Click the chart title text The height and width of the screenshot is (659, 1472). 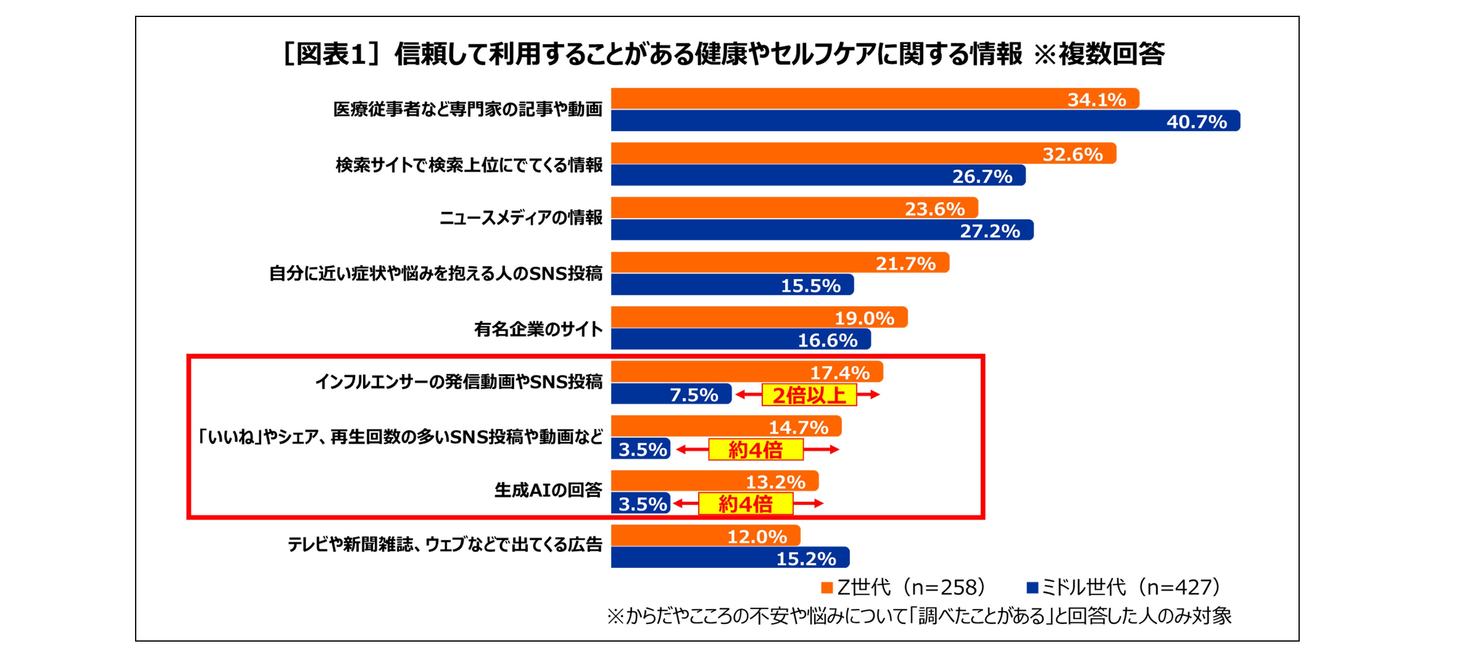723,54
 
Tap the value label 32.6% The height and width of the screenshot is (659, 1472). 1072,154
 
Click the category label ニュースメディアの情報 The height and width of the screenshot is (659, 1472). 520,218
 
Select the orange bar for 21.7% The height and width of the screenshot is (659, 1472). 743,263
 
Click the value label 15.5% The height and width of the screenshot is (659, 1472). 811,285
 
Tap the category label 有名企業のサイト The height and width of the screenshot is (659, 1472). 538,329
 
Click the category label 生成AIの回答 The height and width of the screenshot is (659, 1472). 548,490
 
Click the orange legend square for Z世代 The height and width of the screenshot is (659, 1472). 826,587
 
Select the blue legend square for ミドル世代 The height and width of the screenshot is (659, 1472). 1032,587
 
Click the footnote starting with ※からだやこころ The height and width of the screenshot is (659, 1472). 919,616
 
